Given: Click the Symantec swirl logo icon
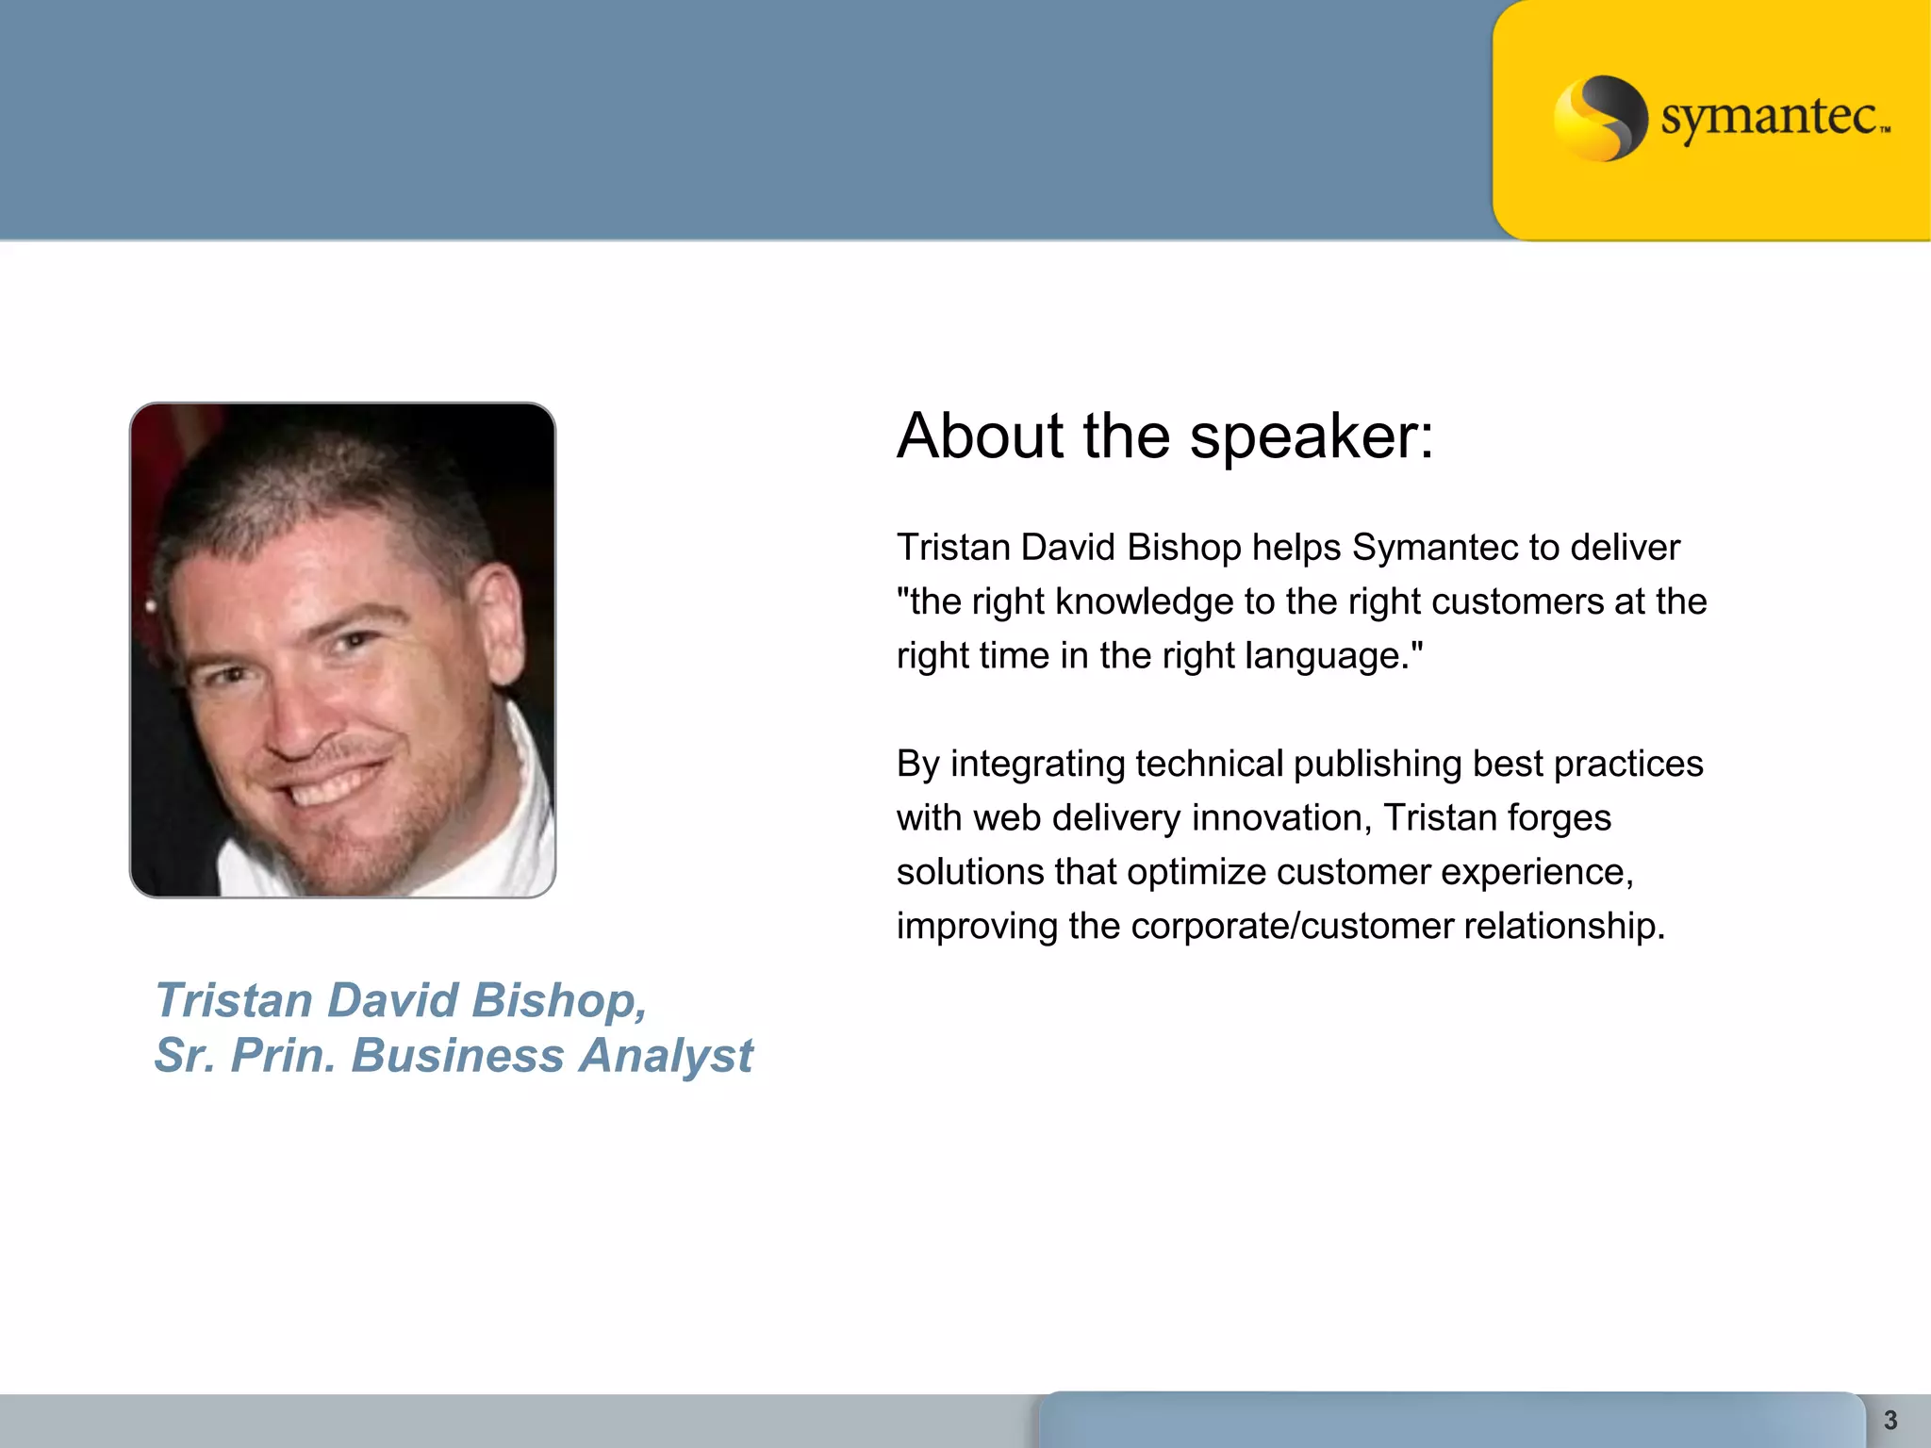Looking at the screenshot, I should click(x=1600, y=118).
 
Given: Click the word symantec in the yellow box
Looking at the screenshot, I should click(x=1770, y=118).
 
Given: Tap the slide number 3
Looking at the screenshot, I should click(x=1890, y=1420).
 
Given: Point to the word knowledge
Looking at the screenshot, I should click(x=1144, y=601).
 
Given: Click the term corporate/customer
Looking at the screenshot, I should click(x=1292, y=927).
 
